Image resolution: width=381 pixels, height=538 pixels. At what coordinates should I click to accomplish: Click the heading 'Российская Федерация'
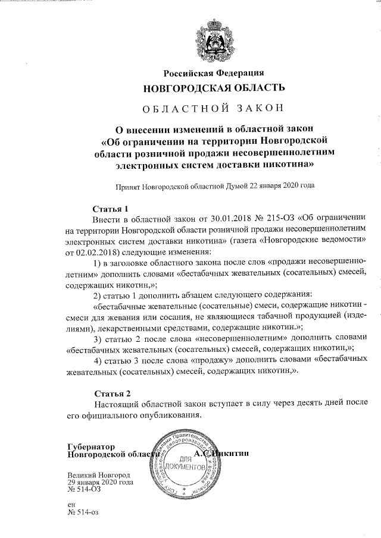(214, 73)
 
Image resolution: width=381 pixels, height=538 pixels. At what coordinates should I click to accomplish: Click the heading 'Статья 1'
(112, 209)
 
